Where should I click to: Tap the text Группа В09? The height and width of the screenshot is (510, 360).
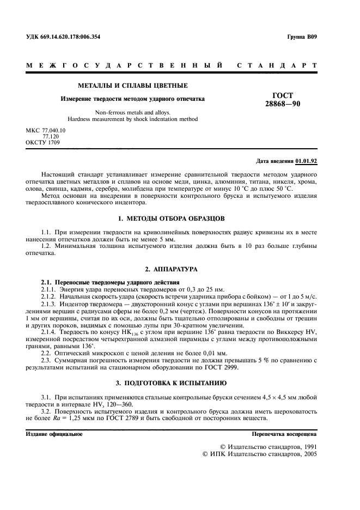click(x=301, y=37)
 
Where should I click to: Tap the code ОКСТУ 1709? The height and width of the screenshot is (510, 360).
click(x=43, y=142)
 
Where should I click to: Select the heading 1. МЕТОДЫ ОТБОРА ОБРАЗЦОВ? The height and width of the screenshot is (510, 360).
click(x=170, y=218)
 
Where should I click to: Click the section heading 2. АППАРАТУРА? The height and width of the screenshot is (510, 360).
click(x=170, y=269)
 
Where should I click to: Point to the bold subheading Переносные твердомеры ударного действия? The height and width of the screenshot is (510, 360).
click(x=118, y=282)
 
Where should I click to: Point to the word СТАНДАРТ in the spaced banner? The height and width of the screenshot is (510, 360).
click(x=277, y=65)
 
